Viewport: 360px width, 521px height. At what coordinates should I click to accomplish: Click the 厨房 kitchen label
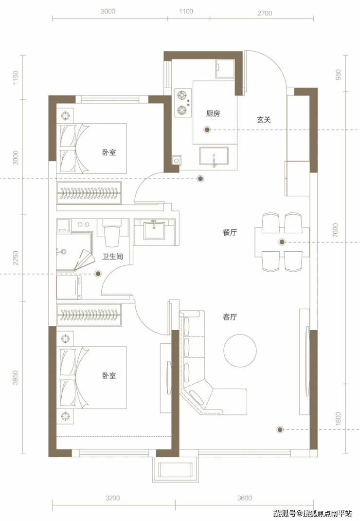tap(213, 113)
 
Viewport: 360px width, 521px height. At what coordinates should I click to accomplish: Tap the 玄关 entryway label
tap(264, 120)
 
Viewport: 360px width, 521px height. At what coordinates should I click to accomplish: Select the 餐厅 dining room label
tap(230, 232)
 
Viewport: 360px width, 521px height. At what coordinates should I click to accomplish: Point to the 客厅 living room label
tap(230, 317)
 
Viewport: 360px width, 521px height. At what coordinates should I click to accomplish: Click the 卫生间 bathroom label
tap(113, 257)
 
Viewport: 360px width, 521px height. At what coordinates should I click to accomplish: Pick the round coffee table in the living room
tap(240, 350)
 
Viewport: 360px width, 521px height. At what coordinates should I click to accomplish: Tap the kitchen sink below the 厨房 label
tap(214, 156)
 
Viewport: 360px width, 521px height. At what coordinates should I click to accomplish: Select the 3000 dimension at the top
tap(108, 11)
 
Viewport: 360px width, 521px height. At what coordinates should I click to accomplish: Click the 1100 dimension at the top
tap(186, 11)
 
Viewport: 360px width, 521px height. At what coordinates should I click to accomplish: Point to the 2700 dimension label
tap(265, 13)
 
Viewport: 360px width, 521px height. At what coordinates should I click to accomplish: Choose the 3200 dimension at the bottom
tap(112, 498)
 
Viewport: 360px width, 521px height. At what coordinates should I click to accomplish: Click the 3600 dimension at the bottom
tap(245, 498)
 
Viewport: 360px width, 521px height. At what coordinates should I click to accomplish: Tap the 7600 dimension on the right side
tap(335, 230)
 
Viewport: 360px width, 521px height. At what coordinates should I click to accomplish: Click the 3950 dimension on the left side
tap(15, 377)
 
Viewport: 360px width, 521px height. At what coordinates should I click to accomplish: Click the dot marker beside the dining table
tap(282, 242)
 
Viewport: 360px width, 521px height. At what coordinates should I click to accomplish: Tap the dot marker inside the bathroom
tap(98, 274)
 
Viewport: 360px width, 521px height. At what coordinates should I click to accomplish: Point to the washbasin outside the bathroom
tap(154, 230)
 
